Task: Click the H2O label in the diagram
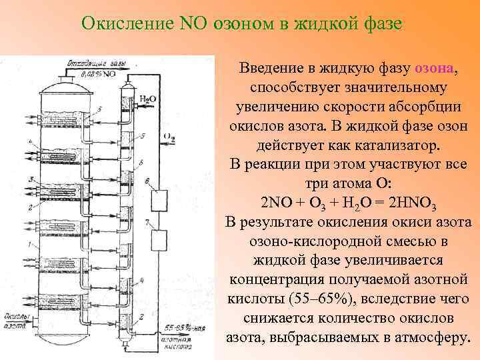pos(147,99)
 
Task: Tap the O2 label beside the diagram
pos(169,138)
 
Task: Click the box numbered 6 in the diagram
pos(161,198)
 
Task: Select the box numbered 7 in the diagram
pos(161,239)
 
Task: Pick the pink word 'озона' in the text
pos(435,69)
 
